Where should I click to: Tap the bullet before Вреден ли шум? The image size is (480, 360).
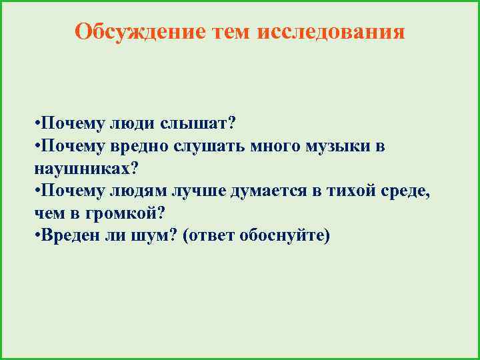(36, 235)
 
